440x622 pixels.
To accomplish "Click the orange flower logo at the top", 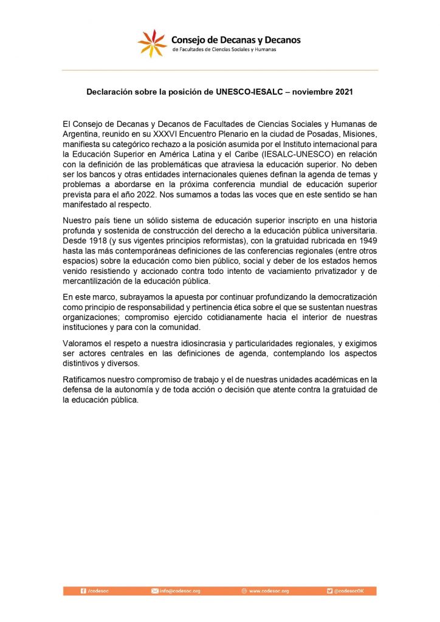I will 151,43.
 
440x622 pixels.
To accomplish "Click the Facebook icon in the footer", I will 83,590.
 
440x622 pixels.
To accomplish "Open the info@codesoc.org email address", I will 179,590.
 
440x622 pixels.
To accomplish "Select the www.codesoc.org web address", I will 269,590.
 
